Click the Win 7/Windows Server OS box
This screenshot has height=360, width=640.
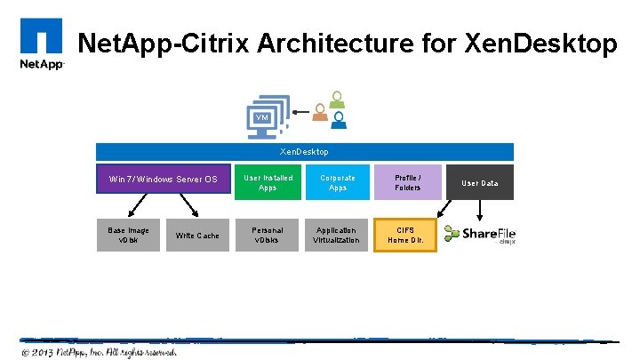(163, 180)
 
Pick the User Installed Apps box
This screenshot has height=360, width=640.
(268, 182)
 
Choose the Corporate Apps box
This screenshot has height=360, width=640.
(337, 182)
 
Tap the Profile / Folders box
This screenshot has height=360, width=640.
(407, 182)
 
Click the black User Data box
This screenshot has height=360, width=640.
(480, 183)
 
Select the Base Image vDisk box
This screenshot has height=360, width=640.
(129, 235)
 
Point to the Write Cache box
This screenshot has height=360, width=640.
(197, 235)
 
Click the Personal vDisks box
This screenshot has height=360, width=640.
(268, 235)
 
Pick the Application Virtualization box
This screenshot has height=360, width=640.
(337, 235)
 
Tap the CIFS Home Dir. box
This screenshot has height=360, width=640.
(407, 235)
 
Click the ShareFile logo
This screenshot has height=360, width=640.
(480, 235)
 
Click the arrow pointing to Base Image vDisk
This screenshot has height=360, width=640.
(138, 206)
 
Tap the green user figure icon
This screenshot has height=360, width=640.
(335, 99)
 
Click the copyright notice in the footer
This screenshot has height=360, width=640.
(100, 351)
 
